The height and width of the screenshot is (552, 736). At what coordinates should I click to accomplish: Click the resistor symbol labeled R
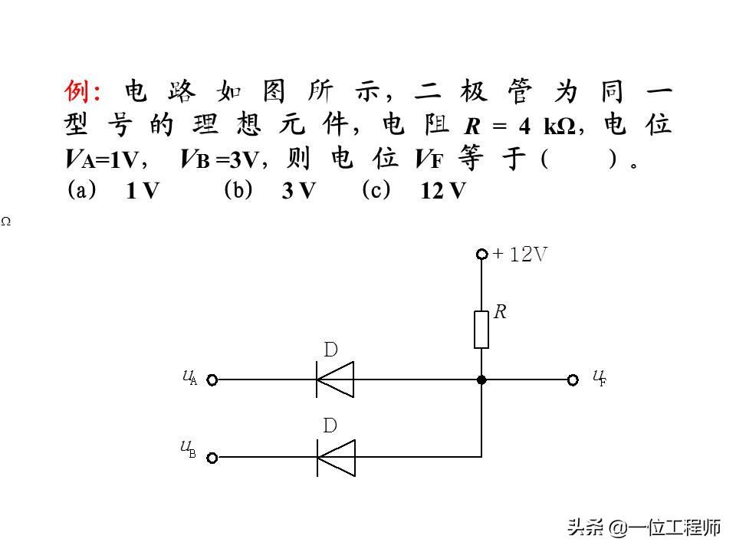[481, 329]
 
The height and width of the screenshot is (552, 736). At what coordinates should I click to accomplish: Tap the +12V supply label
[521, 255]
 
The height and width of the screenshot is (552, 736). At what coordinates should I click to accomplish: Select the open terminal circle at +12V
[481, 255]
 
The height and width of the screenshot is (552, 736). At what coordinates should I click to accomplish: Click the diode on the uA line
[336, 379]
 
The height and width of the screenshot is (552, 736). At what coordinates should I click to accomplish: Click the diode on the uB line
[336, 458]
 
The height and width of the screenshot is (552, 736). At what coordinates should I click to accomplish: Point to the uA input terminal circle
[212, 379]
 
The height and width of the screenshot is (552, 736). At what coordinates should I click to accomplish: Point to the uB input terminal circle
[212, 458]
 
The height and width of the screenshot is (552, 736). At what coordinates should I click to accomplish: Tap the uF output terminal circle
[572, 379]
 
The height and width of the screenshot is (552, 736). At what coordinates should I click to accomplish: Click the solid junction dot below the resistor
[481, 379]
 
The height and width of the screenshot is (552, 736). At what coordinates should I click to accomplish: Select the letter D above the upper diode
[330, 350]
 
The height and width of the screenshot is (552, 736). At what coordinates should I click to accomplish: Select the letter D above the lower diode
[330, 426]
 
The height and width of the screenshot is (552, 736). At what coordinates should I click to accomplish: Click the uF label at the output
[600, 377]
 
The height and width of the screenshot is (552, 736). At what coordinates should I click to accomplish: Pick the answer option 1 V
[143, 192]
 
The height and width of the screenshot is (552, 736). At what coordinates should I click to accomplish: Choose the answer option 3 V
[298, 192]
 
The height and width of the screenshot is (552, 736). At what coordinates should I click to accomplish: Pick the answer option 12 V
[443, 192]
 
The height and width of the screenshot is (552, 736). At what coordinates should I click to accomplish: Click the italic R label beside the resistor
[501, 312]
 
